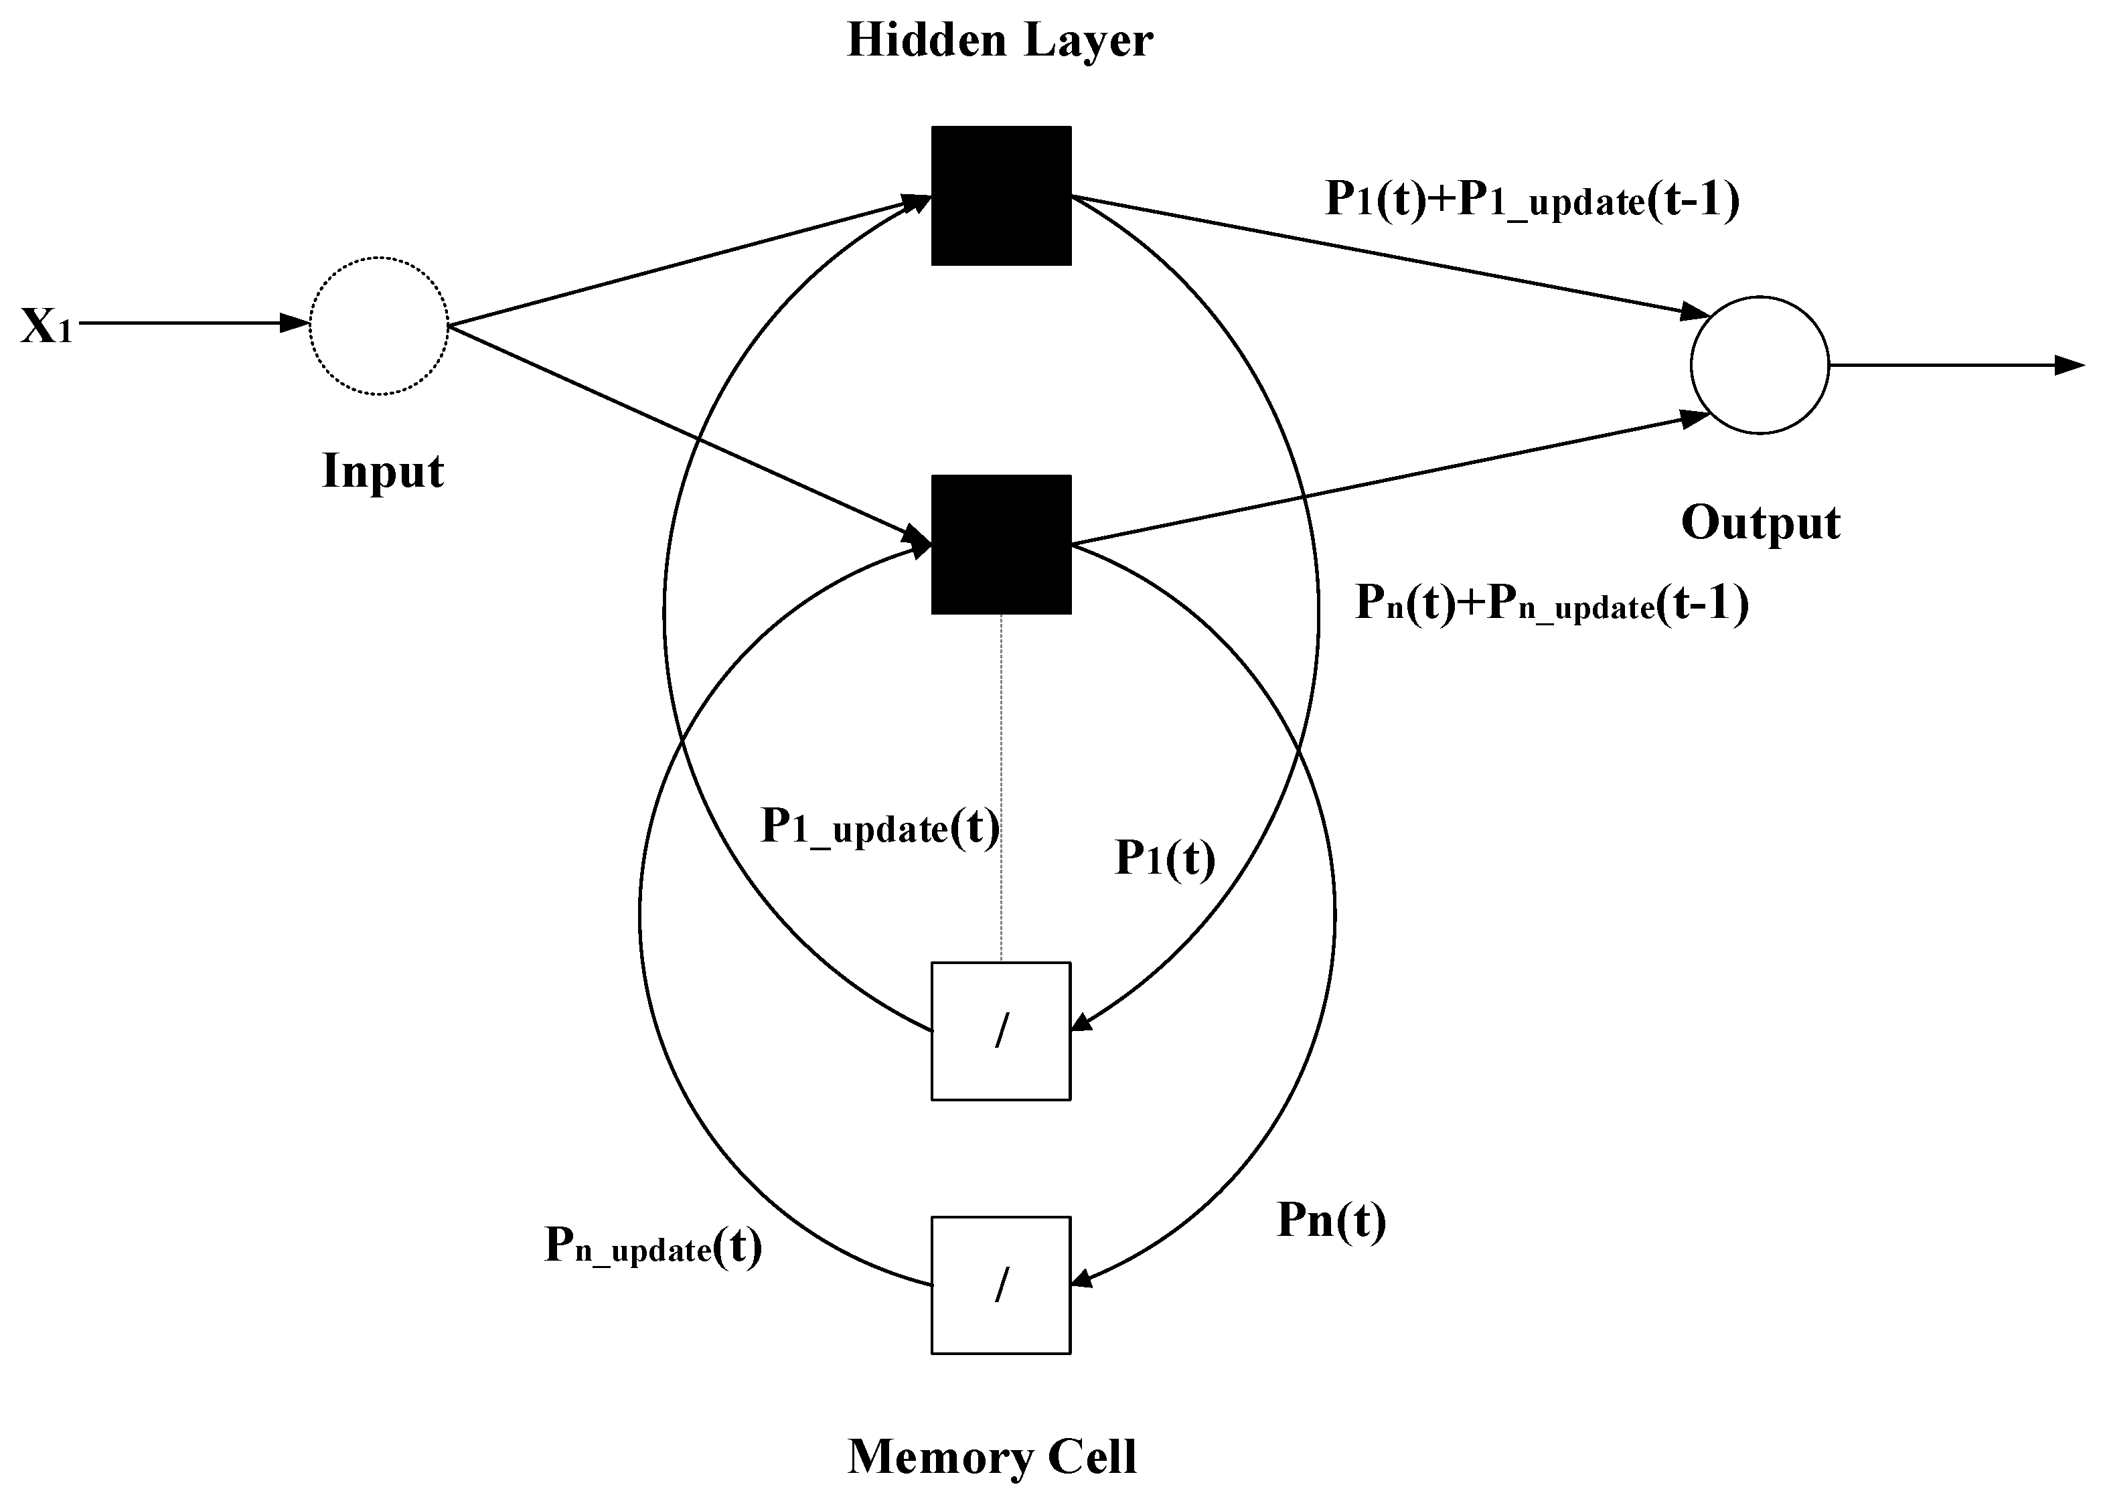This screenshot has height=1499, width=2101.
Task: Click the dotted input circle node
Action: click(378, 326)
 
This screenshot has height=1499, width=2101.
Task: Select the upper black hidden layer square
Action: click(1001, 195)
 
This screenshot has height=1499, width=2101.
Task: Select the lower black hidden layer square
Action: click(1001, 544)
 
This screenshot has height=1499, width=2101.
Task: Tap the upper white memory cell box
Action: click(1001, 1031)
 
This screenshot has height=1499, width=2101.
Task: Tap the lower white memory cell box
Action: click(1001, 1285)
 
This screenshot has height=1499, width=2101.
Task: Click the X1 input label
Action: click(46, 326)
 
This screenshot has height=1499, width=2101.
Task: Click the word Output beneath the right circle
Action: click(1760, 522)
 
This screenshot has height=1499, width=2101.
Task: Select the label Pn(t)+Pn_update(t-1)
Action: click(1551, 604)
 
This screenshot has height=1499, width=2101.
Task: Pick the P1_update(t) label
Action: click(879, 826)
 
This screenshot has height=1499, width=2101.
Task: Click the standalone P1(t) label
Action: click(1164, 858)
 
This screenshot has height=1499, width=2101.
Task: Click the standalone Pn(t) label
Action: click(1330, 1220)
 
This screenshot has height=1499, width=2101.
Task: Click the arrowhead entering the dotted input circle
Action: click(293, 323)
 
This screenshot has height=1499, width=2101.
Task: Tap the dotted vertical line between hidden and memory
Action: click(1001, 785)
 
